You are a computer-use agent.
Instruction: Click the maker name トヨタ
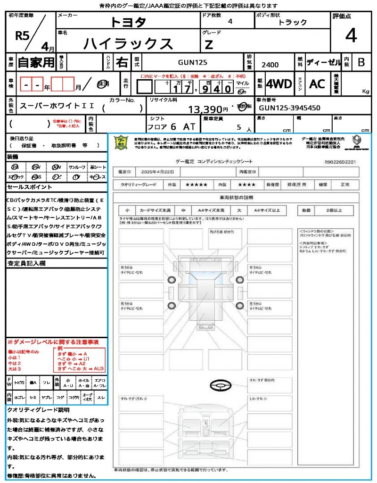pos(128,22)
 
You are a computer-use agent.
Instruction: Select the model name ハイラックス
pos(128,43)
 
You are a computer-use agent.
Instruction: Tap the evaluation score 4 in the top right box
pos(351,35)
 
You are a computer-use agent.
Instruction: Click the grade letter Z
pos(209,44)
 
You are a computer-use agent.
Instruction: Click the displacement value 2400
pos(270,65)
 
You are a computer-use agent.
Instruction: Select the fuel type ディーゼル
pos(323,62)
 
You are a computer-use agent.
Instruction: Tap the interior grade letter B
pos(361,62)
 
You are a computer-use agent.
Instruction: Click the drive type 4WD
pos(279,84)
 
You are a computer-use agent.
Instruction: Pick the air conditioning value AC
pos(317,84)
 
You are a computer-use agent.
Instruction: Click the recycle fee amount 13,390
pos(208,109)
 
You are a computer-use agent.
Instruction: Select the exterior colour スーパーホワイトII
pos(57,106)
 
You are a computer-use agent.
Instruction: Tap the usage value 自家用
pos(36,62)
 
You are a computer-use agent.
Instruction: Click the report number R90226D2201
pos(344,161)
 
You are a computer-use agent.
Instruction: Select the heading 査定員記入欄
pos(26,264)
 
